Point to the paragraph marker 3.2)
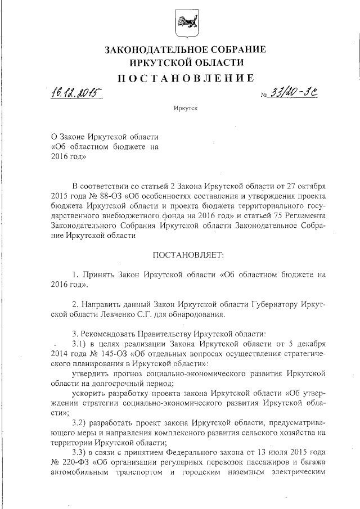click(x=84, y=422)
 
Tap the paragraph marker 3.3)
click(x=84, y=452)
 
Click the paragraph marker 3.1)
click(x=84, y=344)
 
